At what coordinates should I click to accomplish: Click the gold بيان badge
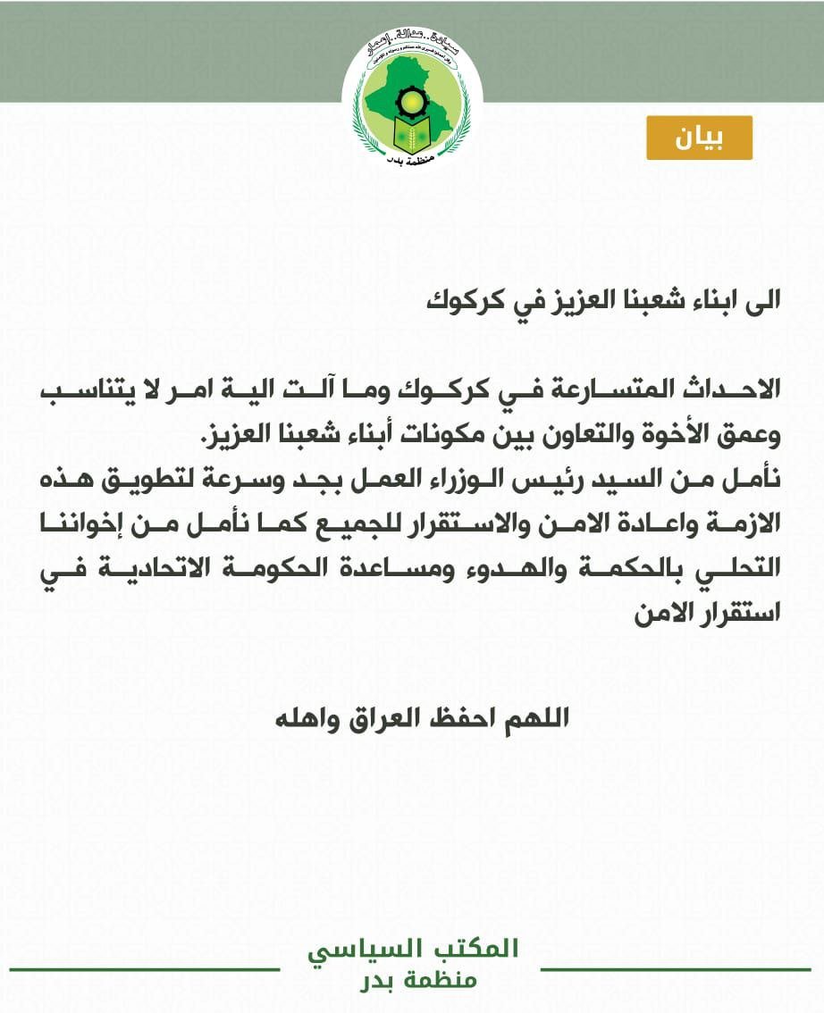point(700,138)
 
